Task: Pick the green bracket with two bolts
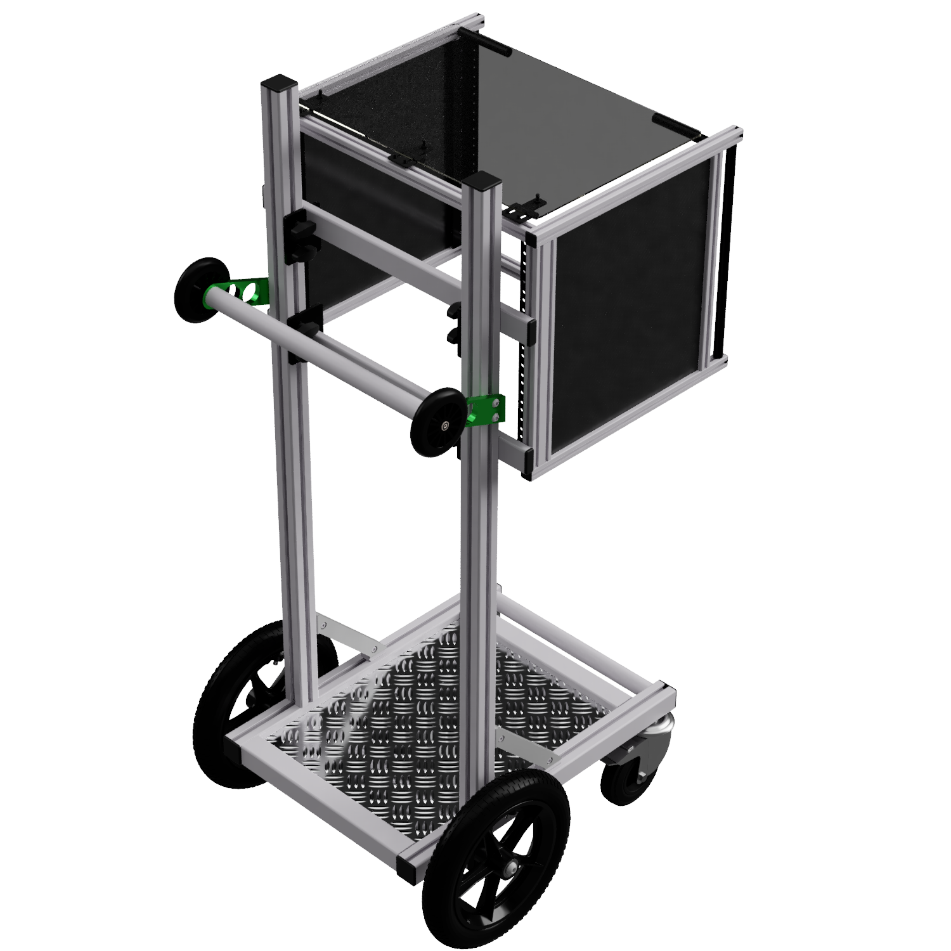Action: (x=487, y=409)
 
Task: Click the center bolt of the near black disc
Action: (x=447, y=425)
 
